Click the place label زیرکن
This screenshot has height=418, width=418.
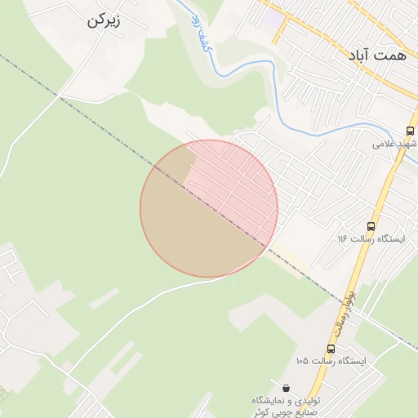(x=103, y=21)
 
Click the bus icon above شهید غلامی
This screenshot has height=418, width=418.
(x=410, y=130)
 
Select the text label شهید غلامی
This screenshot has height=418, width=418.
(x=395, y=144)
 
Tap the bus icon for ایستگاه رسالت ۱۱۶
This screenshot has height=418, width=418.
(x=371, y=226)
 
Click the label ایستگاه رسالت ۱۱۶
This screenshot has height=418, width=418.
(x=366, y=238)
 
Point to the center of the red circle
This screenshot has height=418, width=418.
(x=209, y=208)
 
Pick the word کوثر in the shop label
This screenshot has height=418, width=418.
(x=261, y=412)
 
